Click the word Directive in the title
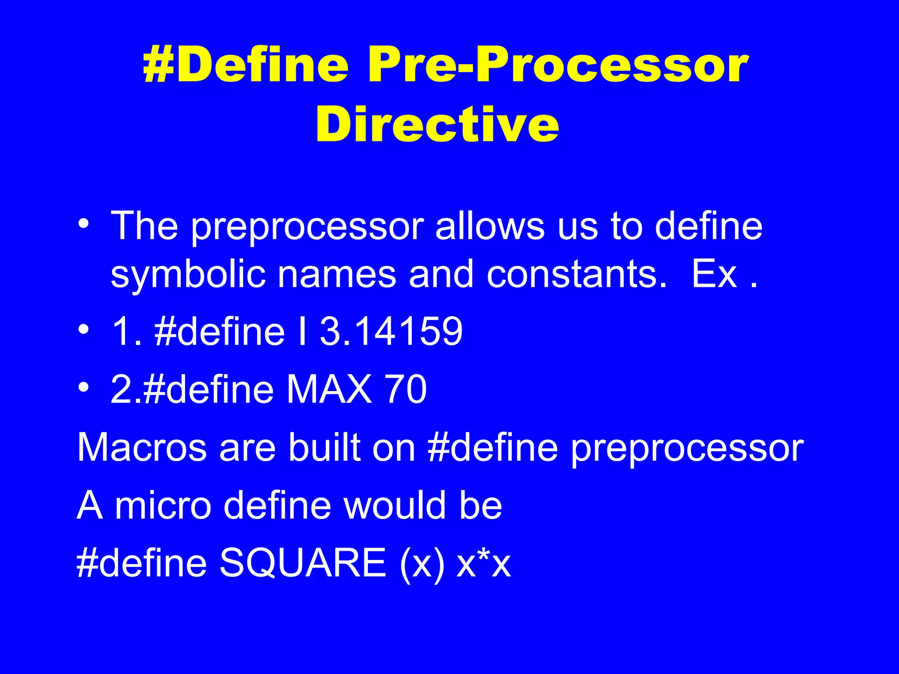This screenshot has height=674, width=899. point(437,125)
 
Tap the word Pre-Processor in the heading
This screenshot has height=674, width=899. point(557,66)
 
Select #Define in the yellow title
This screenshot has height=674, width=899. point(246,66)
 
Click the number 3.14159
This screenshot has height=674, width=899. point(391,331)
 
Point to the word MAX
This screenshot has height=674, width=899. point(329,389)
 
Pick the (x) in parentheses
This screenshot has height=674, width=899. point(422,564)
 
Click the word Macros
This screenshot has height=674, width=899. point(142,448)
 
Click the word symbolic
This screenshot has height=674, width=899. point(188,275)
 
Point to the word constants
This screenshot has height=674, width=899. point(576,275)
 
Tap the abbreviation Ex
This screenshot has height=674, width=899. point(714,275)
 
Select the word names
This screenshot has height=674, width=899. point(337,275)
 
